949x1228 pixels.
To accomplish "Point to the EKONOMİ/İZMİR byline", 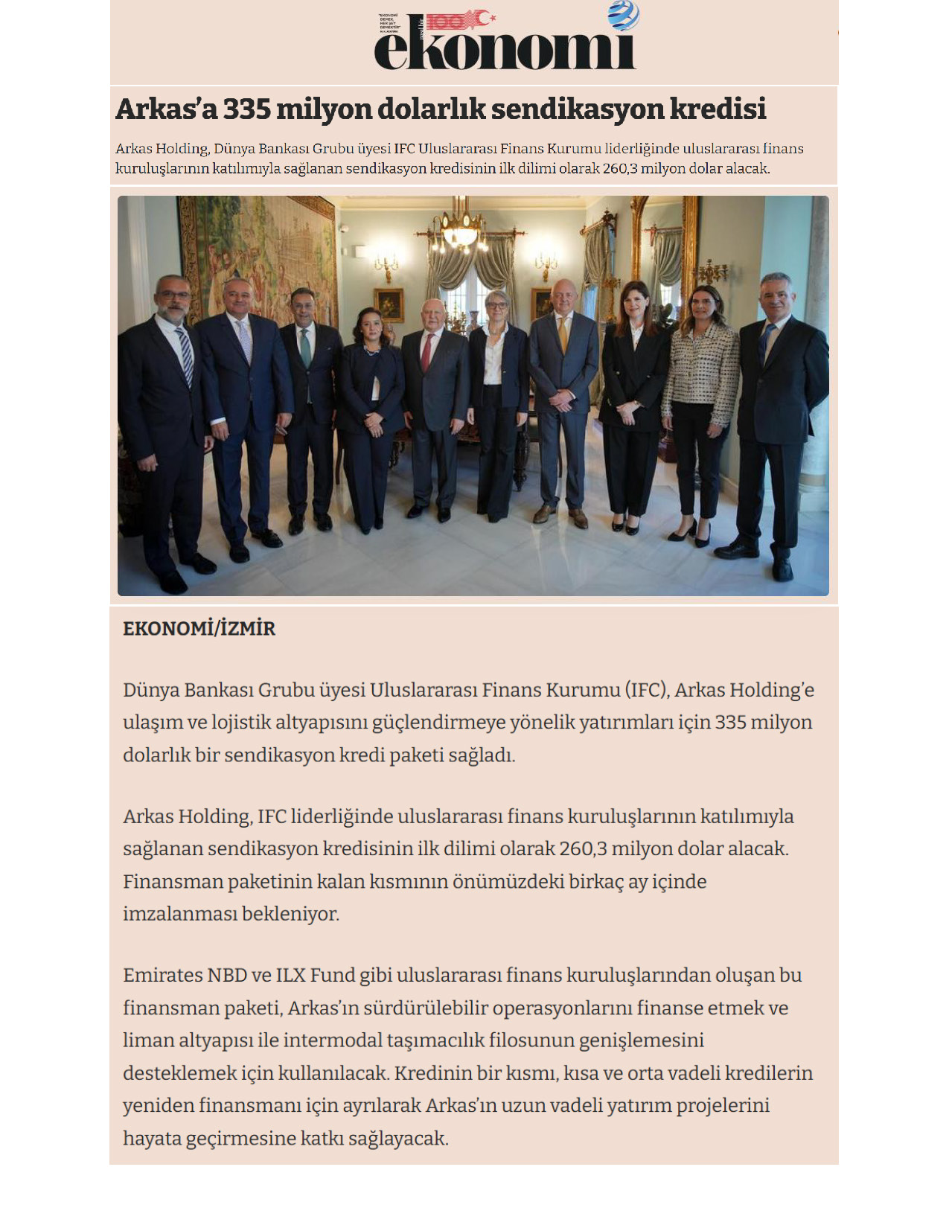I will point(199,629).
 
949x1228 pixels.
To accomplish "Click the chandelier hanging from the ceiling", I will point(461,227).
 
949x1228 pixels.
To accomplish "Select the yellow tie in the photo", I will point(563,335).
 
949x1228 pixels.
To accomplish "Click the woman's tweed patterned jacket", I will point(700,372).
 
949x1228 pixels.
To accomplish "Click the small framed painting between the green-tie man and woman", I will point(388,304).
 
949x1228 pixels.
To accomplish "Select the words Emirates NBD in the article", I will point(185,975).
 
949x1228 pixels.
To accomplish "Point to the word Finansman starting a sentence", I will point(171,881).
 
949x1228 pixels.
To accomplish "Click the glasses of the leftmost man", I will point(173,295).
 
